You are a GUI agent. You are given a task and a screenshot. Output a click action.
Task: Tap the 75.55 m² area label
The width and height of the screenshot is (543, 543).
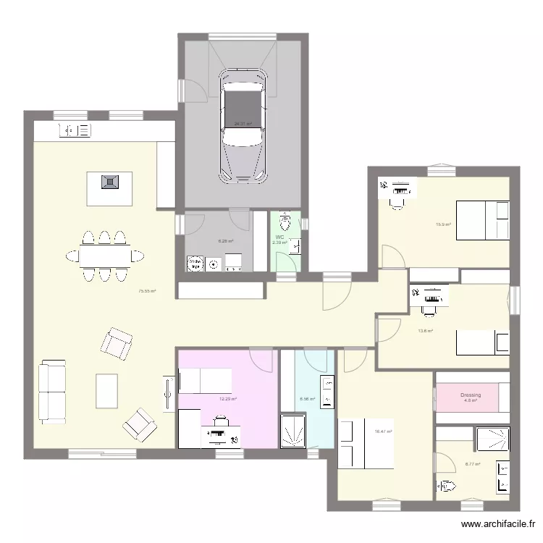pos(148,291)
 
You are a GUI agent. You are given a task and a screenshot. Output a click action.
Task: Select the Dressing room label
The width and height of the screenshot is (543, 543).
pos(470,395)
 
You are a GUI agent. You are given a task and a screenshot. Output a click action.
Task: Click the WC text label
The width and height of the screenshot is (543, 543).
pos(279,237)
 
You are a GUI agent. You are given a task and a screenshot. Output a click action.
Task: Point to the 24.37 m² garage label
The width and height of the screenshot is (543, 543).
pos(243,124)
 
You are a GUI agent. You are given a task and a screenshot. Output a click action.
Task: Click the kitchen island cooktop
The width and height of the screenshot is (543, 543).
pos(109,181)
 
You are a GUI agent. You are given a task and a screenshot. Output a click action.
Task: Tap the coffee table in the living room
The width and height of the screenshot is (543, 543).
pos(106,390)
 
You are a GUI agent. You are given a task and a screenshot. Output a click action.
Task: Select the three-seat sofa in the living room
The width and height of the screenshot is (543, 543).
pos(51,392)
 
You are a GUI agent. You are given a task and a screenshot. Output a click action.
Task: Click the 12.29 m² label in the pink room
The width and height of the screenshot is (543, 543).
pos(228,399)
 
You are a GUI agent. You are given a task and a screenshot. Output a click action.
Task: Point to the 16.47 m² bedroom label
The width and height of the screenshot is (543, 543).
pos(383,432)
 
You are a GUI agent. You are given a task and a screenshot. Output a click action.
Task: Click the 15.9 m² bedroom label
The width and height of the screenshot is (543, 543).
pos(443,224)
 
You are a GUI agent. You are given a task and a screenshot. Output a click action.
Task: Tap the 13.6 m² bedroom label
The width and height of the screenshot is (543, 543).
pos(425,331)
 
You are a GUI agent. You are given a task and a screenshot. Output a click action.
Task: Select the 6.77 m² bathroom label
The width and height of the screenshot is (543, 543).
pos(473,464)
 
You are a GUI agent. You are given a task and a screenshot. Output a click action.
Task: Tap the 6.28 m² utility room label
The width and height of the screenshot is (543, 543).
pos(226,241)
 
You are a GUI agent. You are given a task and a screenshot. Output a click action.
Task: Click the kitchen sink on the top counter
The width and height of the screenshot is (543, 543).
pos(75,130)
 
